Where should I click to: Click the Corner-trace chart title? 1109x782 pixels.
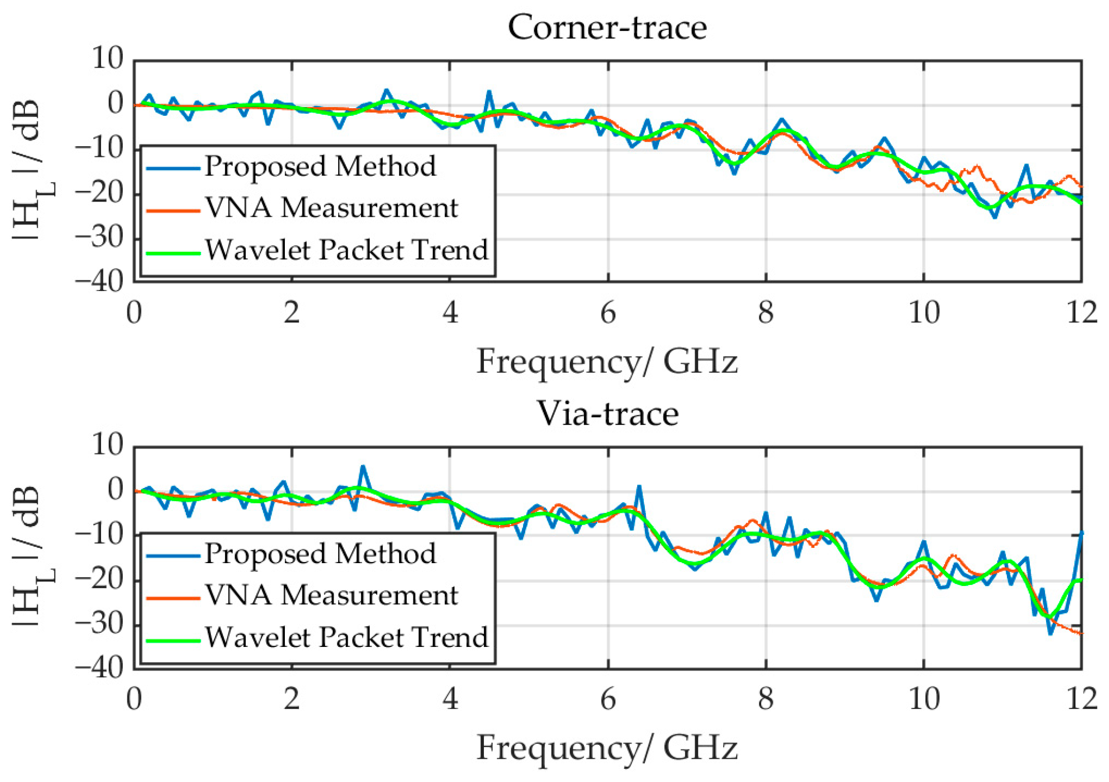tap(607, 27)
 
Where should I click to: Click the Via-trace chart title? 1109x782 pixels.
tap(607, 413)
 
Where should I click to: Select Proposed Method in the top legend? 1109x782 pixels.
tap(320, 167)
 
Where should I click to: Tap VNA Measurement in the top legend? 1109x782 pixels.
tap(331, 208)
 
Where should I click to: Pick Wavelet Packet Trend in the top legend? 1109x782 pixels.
tap(346, 250)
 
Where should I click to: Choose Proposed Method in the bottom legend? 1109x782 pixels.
tap(320, 553)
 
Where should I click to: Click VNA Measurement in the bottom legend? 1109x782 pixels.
tap(331, 595)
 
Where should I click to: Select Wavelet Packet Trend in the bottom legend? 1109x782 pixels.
tap(346, 637)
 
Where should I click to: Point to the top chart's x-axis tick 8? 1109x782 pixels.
tap(766, 312)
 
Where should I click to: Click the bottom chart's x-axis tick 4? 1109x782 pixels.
tap(450, 699)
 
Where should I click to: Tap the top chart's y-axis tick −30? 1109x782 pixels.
tap(100, 238)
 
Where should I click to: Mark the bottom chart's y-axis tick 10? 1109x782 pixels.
tap(108, 445)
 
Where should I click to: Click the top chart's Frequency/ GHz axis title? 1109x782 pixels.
tap(607, 362)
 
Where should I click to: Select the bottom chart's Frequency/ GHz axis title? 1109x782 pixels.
tap(607, 748)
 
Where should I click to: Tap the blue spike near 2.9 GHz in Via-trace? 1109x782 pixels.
tap(363, 467)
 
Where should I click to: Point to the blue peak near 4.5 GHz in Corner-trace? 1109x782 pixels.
tap(489, 92)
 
